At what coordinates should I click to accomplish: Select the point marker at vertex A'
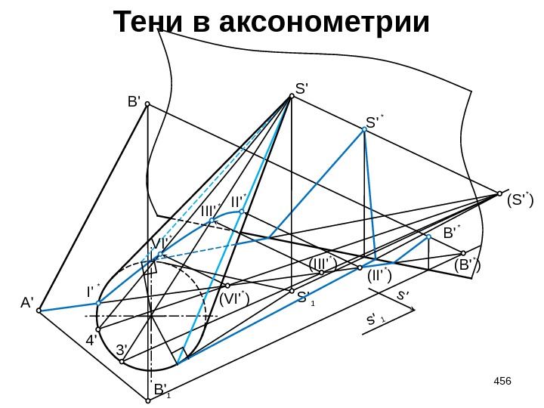pos(39,310)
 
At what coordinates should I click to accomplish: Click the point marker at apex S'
pos(291,96)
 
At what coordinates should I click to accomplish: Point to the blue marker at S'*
pos(364,130)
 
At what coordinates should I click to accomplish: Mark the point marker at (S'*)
pos(499,193)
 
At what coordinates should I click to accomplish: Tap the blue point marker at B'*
pos(428,237)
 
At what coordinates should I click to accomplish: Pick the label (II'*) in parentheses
pos(379,277)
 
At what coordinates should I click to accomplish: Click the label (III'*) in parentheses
pos(323,264)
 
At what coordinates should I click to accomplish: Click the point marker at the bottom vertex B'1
pos(148,400)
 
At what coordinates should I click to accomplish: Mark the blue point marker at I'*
pos(99,303)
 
